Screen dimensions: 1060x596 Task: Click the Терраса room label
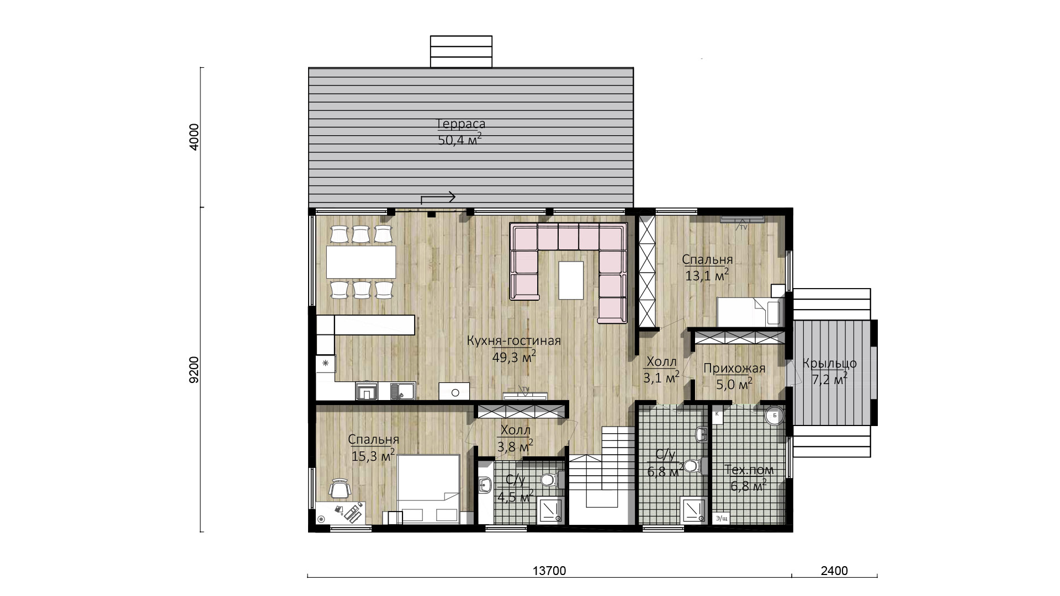[460, 124]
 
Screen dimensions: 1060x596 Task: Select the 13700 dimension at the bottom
[549, 571]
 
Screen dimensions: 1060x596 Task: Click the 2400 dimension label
[834, 571]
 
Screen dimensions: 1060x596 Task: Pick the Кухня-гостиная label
[513, 341]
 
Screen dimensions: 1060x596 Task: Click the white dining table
[361, 262]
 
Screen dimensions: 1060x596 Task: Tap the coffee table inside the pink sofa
[571, 280]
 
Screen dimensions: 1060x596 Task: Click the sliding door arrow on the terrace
[438, 198]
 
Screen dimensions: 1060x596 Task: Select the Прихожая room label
[734, 369]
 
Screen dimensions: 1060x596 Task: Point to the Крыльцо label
[830, 364]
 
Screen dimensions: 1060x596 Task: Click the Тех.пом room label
[749, 470]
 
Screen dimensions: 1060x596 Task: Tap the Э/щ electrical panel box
[722, 518]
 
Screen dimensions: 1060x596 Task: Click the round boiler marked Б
[775, 416]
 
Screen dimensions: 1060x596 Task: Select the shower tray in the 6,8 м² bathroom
[694, 511]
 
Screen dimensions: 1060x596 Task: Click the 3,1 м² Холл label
[661, 370]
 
